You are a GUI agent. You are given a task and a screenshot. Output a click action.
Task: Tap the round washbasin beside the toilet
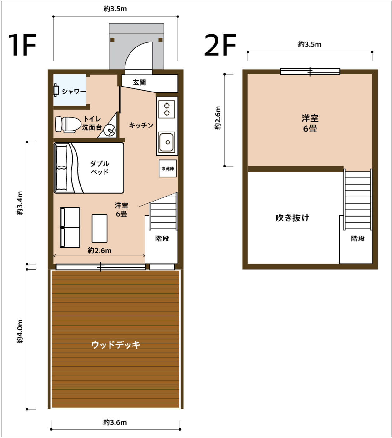110,130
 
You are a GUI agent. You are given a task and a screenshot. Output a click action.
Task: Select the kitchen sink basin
167,142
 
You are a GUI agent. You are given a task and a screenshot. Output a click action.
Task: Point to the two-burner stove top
167,109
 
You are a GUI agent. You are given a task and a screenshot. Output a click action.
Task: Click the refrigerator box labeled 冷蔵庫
168,168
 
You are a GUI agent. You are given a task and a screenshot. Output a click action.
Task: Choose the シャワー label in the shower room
74,92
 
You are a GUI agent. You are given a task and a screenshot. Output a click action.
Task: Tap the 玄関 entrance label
139,82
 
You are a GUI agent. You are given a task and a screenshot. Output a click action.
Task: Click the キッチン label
141,125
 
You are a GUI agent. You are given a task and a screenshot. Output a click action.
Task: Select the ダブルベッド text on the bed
100,167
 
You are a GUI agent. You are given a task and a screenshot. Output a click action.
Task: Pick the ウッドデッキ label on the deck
116,345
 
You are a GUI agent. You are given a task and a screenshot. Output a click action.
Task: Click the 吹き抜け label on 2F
292,218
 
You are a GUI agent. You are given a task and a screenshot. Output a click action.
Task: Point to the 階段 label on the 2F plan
358,238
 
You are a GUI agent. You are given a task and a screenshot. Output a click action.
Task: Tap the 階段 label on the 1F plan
162,238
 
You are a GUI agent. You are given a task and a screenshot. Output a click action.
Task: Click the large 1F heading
22,45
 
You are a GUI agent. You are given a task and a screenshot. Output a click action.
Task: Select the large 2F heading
220,45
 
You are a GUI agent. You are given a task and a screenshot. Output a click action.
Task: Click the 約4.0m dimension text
20,331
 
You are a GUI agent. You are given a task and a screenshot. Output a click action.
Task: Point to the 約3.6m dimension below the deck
115,422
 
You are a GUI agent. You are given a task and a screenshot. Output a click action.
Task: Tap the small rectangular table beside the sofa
100,228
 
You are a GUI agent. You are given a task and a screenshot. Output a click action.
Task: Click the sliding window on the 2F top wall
310,72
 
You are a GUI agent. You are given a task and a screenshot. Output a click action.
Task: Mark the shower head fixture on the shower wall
56,90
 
